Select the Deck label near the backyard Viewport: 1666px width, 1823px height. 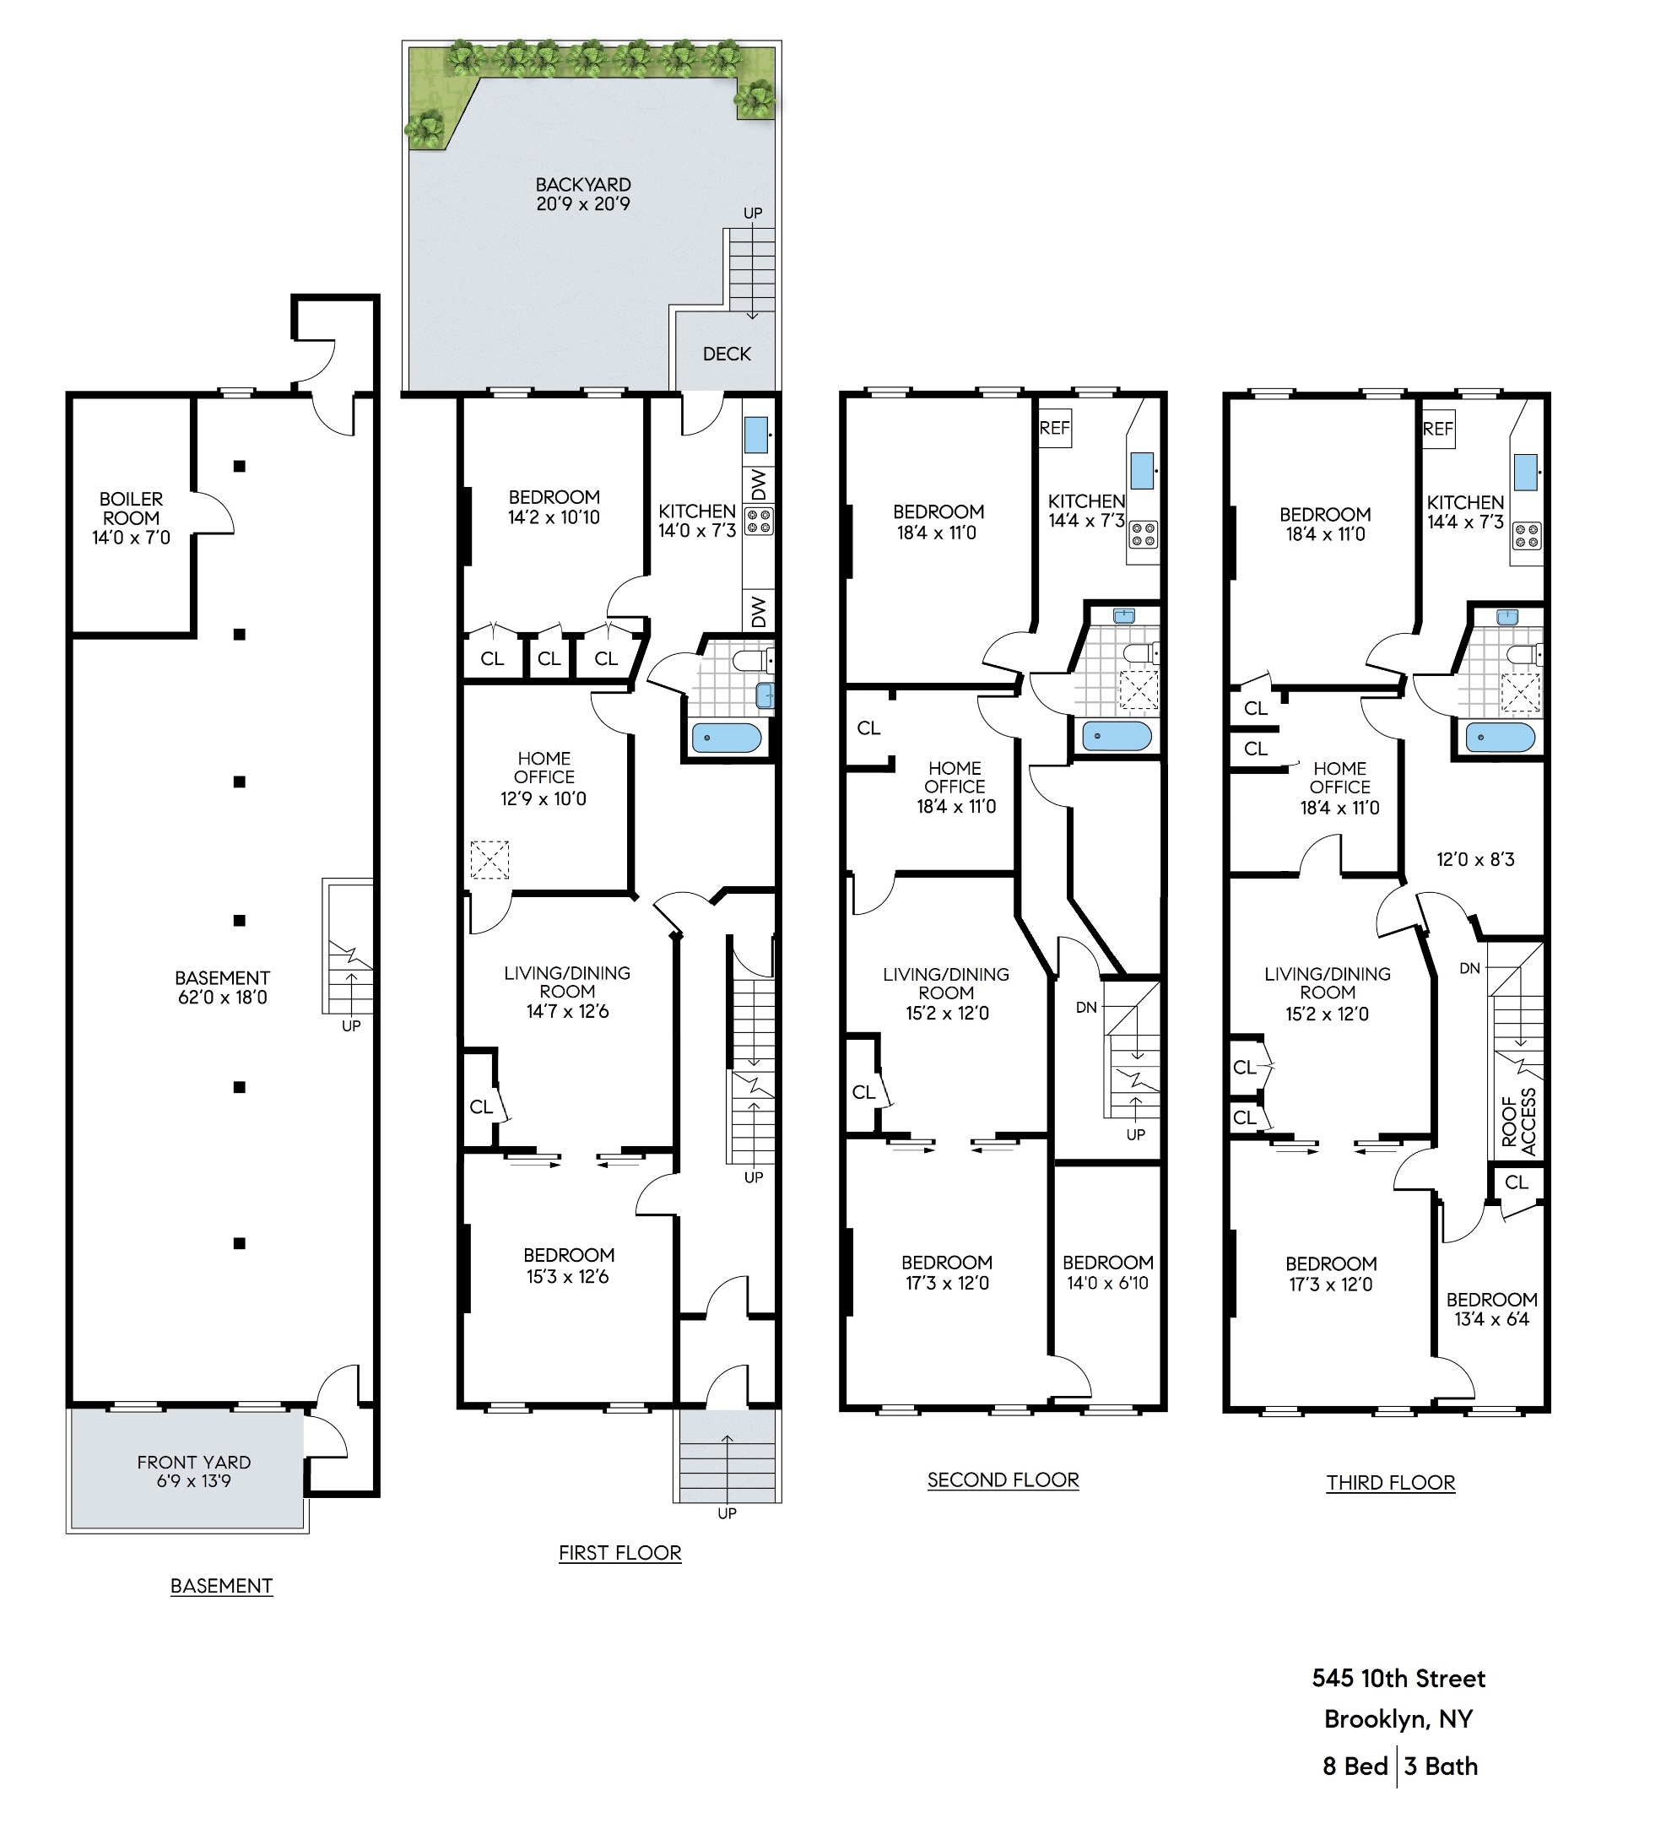pyautogui.click(x=727, y=354)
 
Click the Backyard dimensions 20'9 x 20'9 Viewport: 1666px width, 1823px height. pyautogui.click(x=582, y=204)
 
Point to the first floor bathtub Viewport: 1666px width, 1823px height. pyautogui.click(x=727, y=738)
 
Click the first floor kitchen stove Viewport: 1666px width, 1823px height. pyautogui.click(x=758, y=522)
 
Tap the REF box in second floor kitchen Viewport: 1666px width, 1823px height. pyautogui.click(x=1055, y=429)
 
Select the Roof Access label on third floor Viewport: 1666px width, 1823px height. pyautogui.click(x=1519, y=1122)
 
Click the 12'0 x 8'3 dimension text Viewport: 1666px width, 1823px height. pyautogui.click(x=1475, y=859)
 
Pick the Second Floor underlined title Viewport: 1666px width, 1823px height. pyautogui.click(x=1003, y=1479)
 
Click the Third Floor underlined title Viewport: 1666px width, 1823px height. pyautogui.click(x=1390, y=1482)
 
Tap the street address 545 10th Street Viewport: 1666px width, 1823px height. pyautogui.click(x=1398, y=1679)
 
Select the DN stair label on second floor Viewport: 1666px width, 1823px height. pyautogui.click(x=1086, y=1006)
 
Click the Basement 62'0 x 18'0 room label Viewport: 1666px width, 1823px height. pyautogui.click(x=222, y=987)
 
